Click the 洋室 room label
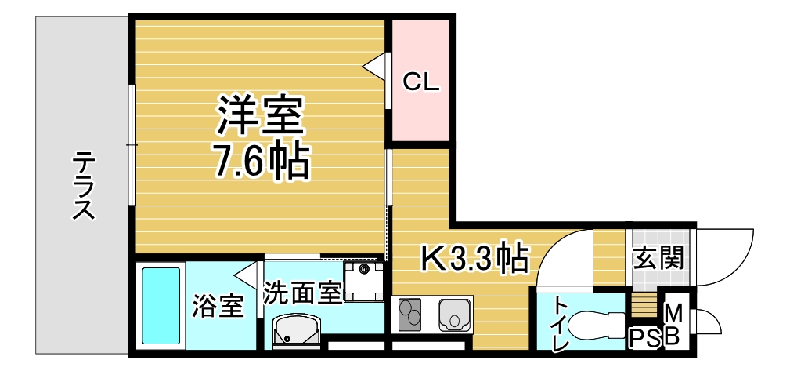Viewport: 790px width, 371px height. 260,116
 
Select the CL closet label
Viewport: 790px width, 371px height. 421,82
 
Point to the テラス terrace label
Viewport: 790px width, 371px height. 83,186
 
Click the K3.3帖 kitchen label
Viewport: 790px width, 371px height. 474,258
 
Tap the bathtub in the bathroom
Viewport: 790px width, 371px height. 161,306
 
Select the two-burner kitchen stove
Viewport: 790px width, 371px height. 409,315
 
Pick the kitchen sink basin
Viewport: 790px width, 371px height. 455,315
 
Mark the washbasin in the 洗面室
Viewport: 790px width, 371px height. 296,329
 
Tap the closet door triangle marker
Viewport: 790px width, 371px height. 374,64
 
